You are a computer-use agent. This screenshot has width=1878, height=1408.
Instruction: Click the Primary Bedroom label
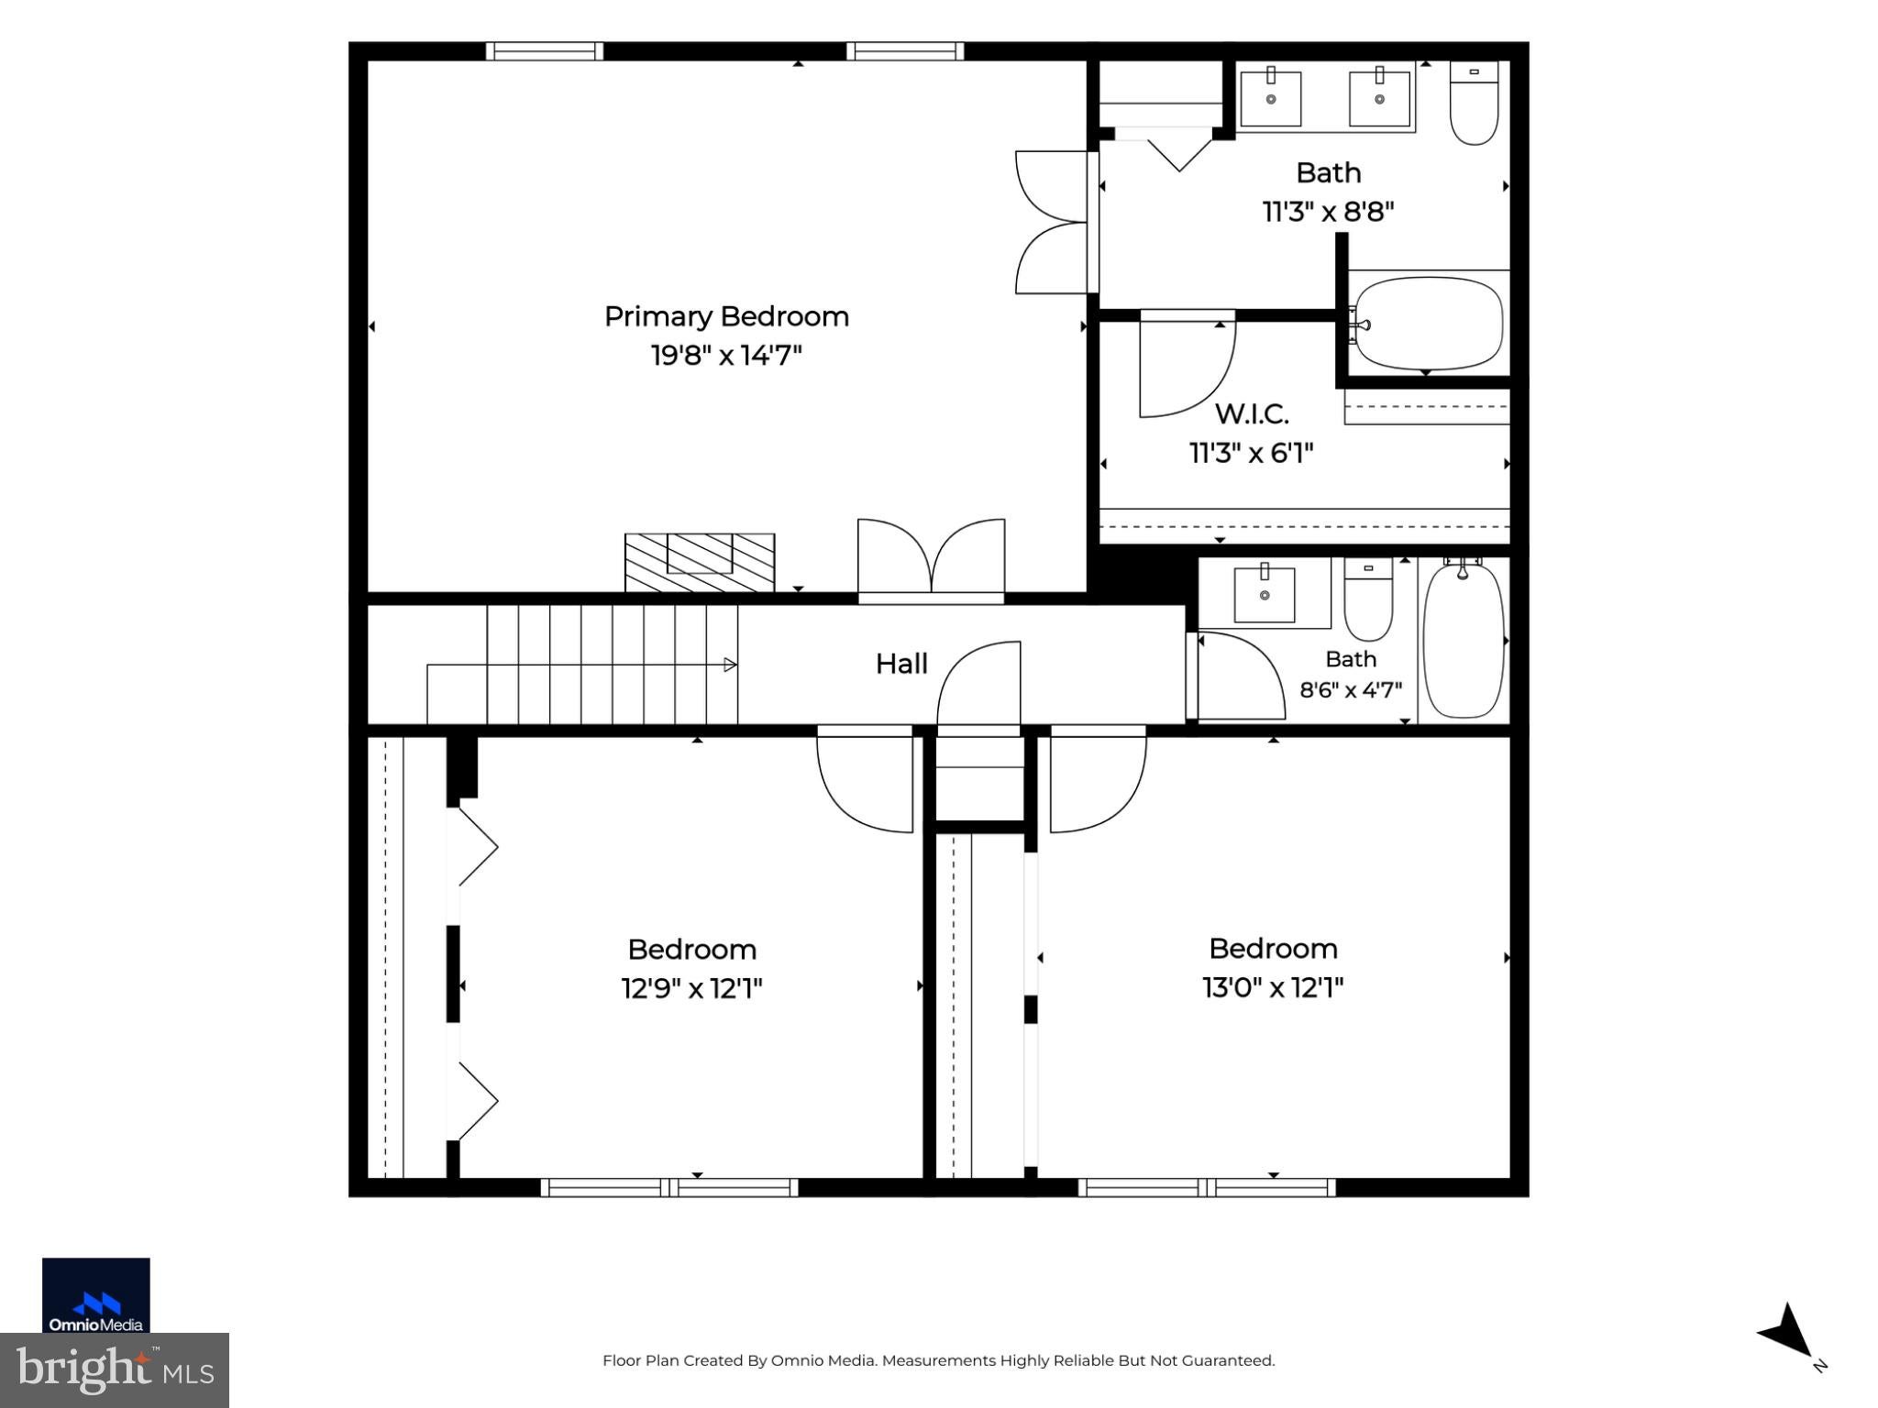click(726, 316)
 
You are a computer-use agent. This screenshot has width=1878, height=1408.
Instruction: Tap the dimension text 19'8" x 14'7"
click(726, 355)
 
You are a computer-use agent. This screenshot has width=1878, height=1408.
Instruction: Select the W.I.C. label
click(1252, 413)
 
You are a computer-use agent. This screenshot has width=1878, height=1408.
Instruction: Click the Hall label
click(901, 664)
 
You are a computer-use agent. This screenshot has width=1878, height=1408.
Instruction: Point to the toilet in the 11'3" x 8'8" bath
click(1474, 103)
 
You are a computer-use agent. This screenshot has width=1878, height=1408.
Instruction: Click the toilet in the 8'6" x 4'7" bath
click(1368, 599)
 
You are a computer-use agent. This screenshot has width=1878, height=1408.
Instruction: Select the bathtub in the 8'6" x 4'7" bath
click(1464, 639)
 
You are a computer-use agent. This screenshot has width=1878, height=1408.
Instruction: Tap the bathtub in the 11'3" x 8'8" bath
click(1429, 324)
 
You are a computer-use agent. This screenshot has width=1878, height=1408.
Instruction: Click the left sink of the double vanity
click(1271, 97)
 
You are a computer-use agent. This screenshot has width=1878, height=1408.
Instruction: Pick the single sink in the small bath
click(1265, 593)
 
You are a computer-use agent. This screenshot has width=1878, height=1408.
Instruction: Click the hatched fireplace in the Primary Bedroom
click(700, 563)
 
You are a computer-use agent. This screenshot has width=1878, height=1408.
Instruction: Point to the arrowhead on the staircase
click(731, 665)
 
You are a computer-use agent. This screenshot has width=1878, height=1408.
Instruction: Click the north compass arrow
click(1786, 1332)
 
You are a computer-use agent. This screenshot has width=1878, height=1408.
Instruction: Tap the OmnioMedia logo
click(96, 1295)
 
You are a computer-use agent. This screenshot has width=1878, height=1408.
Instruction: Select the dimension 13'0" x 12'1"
click(1273, 987)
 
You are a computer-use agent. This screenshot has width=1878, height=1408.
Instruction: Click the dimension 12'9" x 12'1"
click(692, 988)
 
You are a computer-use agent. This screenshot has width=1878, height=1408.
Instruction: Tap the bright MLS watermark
click(115, 1370)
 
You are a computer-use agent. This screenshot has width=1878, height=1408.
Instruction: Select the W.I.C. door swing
click(1188, 364)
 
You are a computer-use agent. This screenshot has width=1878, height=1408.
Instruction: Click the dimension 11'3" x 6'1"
click(1252, 453)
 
